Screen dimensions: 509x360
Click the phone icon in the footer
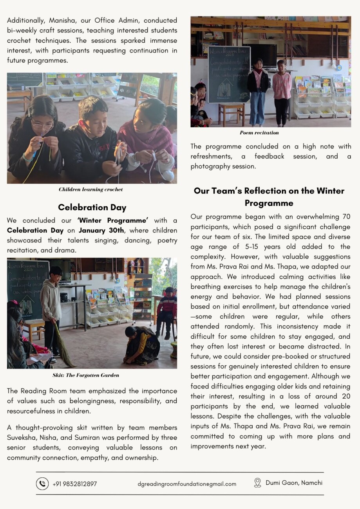tap(42, 484)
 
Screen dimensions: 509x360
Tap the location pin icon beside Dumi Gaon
tap(257, 483)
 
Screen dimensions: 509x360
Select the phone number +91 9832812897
tap(74, 484)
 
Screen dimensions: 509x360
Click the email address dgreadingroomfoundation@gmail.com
tap(187, 484)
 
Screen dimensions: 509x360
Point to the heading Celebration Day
tap(92, 207)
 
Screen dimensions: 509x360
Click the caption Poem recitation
tap(259, 133)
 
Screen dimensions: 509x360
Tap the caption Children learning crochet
tap(90, 190)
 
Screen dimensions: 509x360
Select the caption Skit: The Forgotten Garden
tap(86, 375)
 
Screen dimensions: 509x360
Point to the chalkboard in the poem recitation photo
tap(229, 74)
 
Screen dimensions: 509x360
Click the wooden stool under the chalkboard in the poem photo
tap(231, 114)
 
